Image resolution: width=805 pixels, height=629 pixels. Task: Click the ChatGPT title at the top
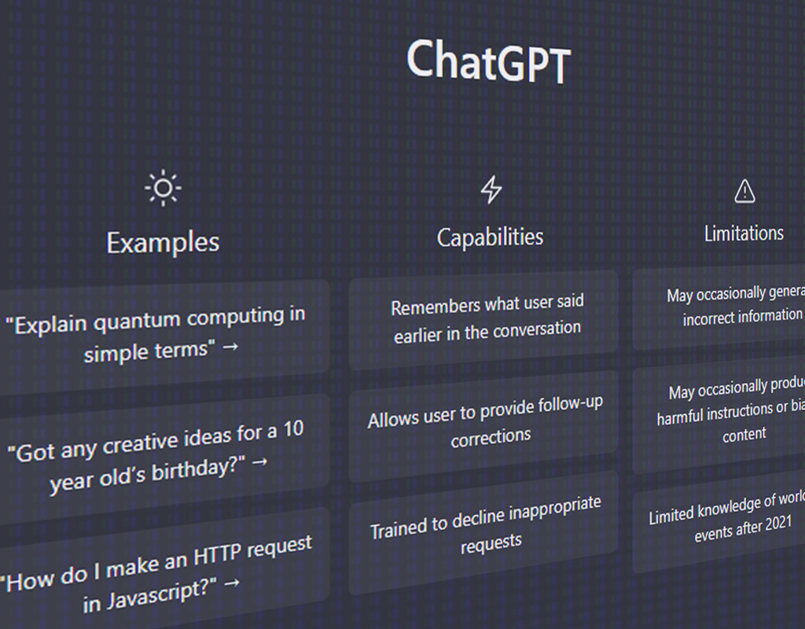pyautogui.click(x=487, y=62)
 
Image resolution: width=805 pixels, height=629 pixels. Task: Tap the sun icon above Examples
pyautogui.click(x=163, y=188)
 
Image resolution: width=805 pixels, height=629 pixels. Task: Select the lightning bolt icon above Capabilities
pyautogui.click(x=491, y=189)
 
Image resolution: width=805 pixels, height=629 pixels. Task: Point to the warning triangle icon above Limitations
pyautogui.click(x=744, y=191)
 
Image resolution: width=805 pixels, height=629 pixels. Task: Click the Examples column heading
pyautogui.click(x=163, y=242)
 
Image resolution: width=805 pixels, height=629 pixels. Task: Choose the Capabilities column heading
pyautogui.click(x=490, y=237)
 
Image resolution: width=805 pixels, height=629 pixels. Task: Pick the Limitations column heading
pyautogui.click(x=744, y=233)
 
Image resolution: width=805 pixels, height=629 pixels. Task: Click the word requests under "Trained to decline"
pyautogui.click(x=491, y=543)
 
